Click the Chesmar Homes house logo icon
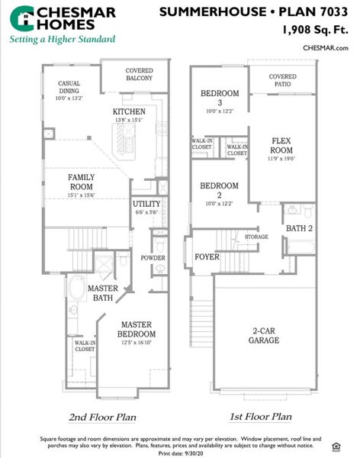coord(21,18)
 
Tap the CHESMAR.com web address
coord(326,48)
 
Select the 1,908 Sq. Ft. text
coord(315,30)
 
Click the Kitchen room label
coord(129,111)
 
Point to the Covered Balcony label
coord(140,74)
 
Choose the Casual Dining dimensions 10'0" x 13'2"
coord(69,98)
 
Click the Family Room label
coord(81,182)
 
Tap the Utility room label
coord(146,204)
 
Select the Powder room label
coord(153,258)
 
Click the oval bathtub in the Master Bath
coord(77,288)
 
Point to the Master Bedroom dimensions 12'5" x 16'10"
coord(137,342)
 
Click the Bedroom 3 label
coord(220,98)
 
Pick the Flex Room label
coord(281,146)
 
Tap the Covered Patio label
coord(282,80)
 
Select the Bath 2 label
coord(299,228)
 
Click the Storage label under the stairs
coord(256,237)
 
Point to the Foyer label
coord(207,256)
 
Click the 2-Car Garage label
coord(264,335)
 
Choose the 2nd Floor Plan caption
coord(102,417)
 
